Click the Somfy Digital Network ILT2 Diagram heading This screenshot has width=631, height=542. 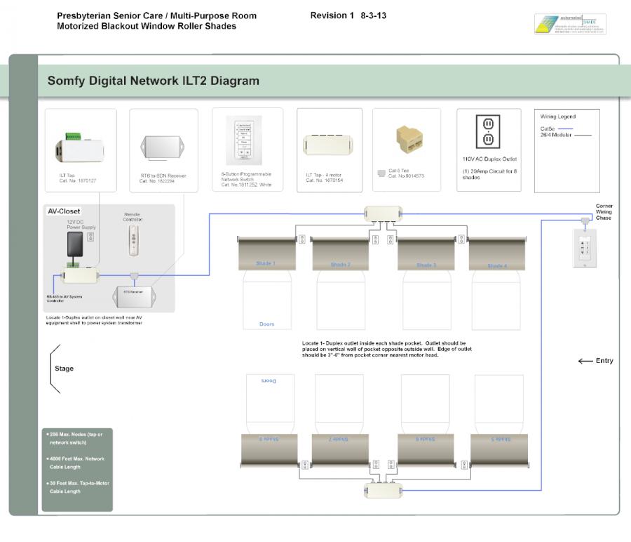tap(153, 81)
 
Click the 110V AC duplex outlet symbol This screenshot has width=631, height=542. tap(488, 132)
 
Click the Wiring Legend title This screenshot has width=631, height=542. tap(558, 117)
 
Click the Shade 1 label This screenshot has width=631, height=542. tap(266, 264)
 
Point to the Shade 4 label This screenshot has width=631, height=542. tap(496, 265)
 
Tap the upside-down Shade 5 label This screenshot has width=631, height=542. tap(500, 439)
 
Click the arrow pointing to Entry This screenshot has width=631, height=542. tap(585, 361)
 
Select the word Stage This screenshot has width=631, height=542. tap(64, 369)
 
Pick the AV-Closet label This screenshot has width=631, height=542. tap(64, 211)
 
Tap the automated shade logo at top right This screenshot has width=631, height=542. tap(569, 24)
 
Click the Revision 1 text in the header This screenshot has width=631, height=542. tap(332, 15)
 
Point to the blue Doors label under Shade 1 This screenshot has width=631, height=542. tap(266, 324)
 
